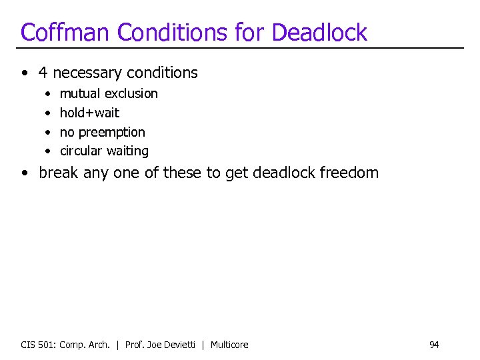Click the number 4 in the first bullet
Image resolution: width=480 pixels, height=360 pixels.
tap(43, 73)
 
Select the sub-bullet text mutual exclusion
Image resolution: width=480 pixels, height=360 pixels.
tap(109, 93)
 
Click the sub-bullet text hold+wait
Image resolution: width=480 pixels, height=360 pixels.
tap(89, 113)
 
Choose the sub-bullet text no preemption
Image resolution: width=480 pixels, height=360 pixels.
tap(102, 132)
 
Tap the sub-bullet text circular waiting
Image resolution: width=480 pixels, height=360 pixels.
tap(104, 151)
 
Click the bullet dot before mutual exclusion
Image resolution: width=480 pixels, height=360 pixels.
tap(47, 94)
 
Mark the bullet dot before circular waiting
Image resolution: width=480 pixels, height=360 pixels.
tap(47, 151)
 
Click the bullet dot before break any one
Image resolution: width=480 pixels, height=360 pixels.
tap(25, 173)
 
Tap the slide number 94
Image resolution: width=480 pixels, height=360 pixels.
tap(434, 345)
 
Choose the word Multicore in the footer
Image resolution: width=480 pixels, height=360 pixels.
tap(229, 345)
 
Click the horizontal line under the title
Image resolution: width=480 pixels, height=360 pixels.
tap(240, 48)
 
